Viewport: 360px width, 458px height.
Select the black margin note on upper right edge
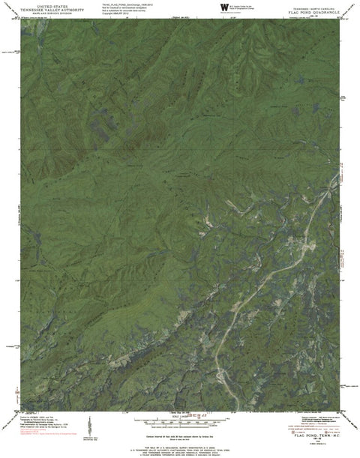[344, 97]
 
